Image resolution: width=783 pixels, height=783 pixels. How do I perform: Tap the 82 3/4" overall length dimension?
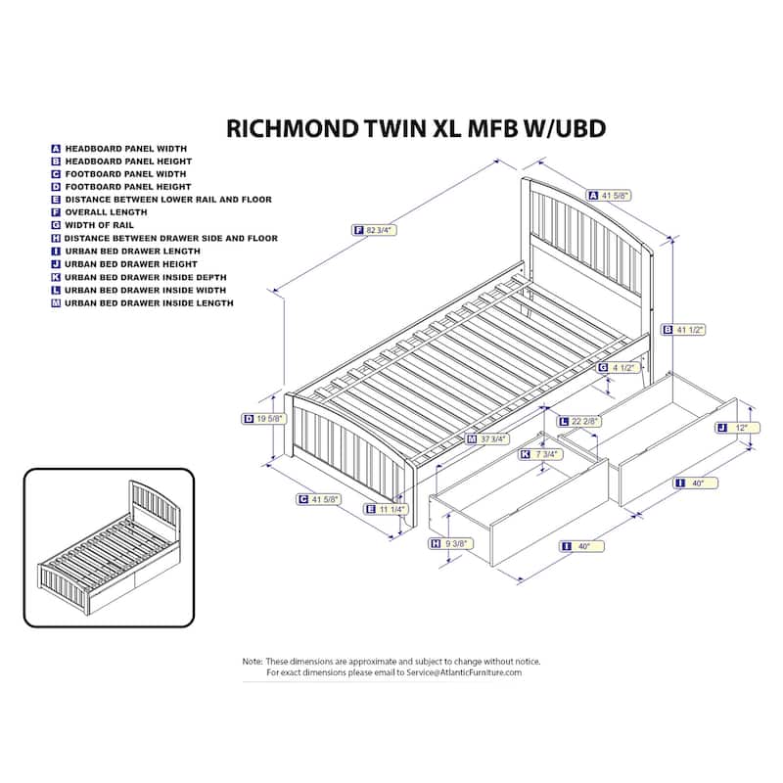click(x=383, y=230)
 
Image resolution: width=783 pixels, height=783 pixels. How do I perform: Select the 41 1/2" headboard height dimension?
click(x=691, y=329)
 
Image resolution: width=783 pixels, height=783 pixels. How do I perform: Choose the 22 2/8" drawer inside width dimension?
click(x=585, y=421)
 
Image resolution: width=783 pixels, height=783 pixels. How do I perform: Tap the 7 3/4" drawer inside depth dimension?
click(x=545, y=454)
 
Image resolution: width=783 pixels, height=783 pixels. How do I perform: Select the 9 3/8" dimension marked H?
click(x=456, y=543)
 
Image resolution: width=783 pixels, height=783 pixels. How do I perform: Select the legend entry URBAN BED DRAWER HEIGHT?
click(x=131, y=264)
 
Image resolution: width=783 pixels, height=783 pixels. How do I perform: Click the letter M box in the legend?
click(x=57, y=303)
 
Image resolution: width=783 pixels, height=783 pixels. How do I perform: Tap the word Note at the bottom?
click(x=253, y=662)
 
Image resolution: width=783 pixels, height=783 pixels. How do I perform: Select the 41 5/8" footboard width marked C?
click(x=322, y=500)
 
